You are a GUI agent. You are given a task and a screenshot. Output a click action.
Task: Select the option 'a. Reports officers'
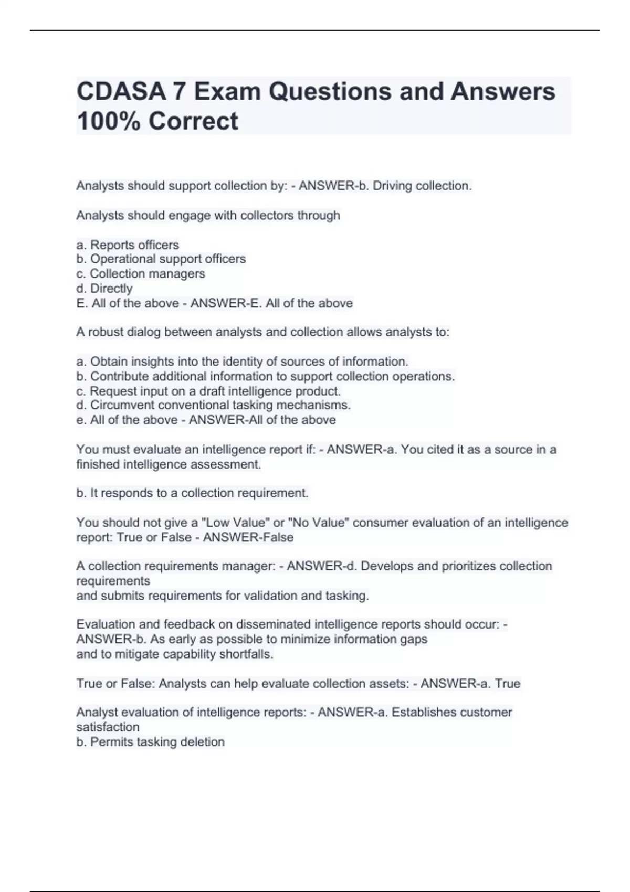pos(128,245)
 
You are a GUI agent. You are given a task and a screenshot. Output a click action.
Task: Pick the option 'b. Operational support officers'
pos(161,259)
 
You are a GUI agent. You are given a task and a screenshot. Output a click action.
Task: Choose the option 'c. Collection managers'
pos(140,274)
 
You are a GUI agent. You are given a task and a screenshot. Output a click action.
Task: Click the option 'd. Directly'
pos(104,289)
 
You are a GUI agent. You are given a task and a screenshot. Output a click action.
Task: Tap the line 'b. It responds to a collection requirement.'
pos(192,493)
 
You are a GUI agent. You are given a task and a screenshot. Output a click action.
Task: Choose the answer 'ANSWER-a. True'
pos(470,684)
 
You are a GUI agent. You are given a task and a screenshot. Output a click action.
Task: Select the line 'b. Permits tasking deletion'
pos(150,742)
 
